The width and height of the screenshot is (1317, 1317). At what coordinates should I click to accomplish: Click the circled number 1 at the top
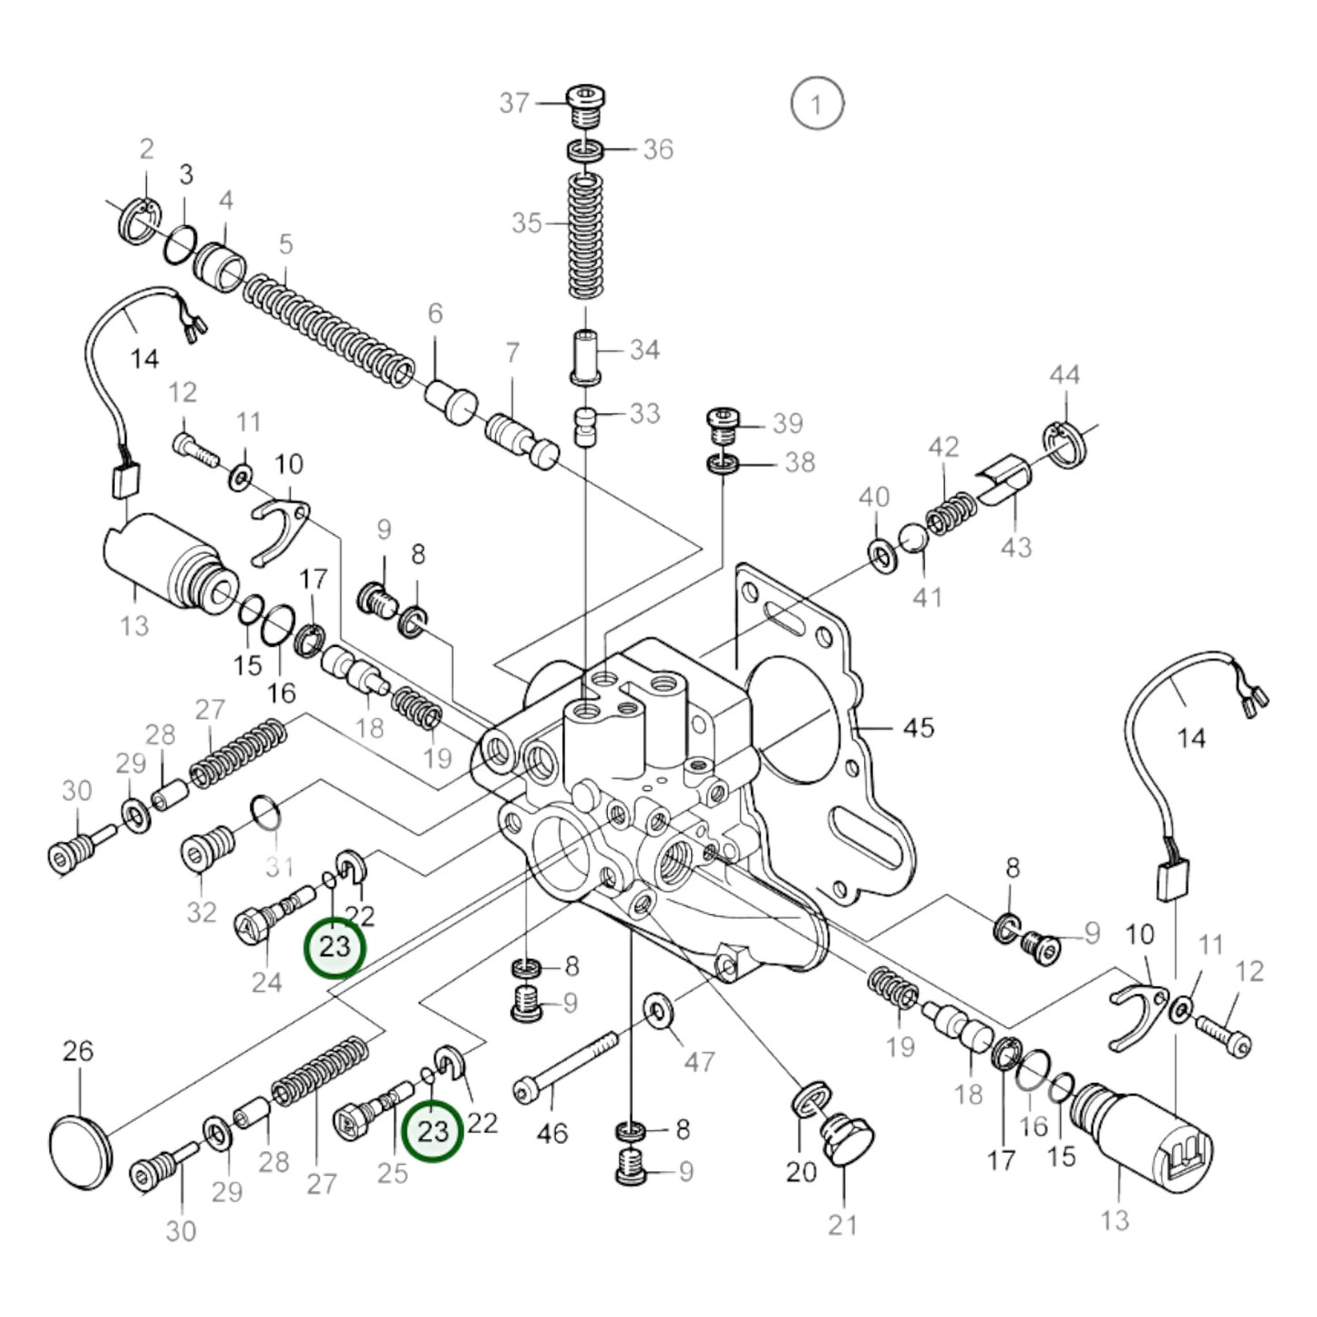pos(817,104)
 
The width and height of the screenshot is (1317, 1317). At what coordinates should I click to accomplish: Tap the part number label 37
pos(514,103)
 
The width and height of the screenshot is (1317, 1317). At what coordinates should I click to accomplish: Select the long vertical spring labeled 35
pos(586,236)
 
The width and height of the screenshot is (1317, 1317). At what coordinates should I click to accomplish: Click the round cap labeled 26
pos(81,1153)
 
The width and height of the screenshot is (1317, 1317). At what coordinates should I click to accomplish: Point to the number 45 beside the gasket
pos(918,728)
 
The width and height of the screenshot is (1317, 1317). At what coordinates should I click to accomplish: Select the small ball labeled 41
pos(913,538)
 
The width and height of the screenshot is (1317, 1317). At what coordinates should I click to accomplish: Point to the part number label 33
pos(645,414)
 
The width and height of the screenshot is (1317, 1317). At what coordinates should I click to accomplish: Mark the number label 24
pos(266,983)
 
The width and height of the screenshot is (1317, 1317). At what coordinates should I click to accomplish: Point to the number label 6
pos(436,313)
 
